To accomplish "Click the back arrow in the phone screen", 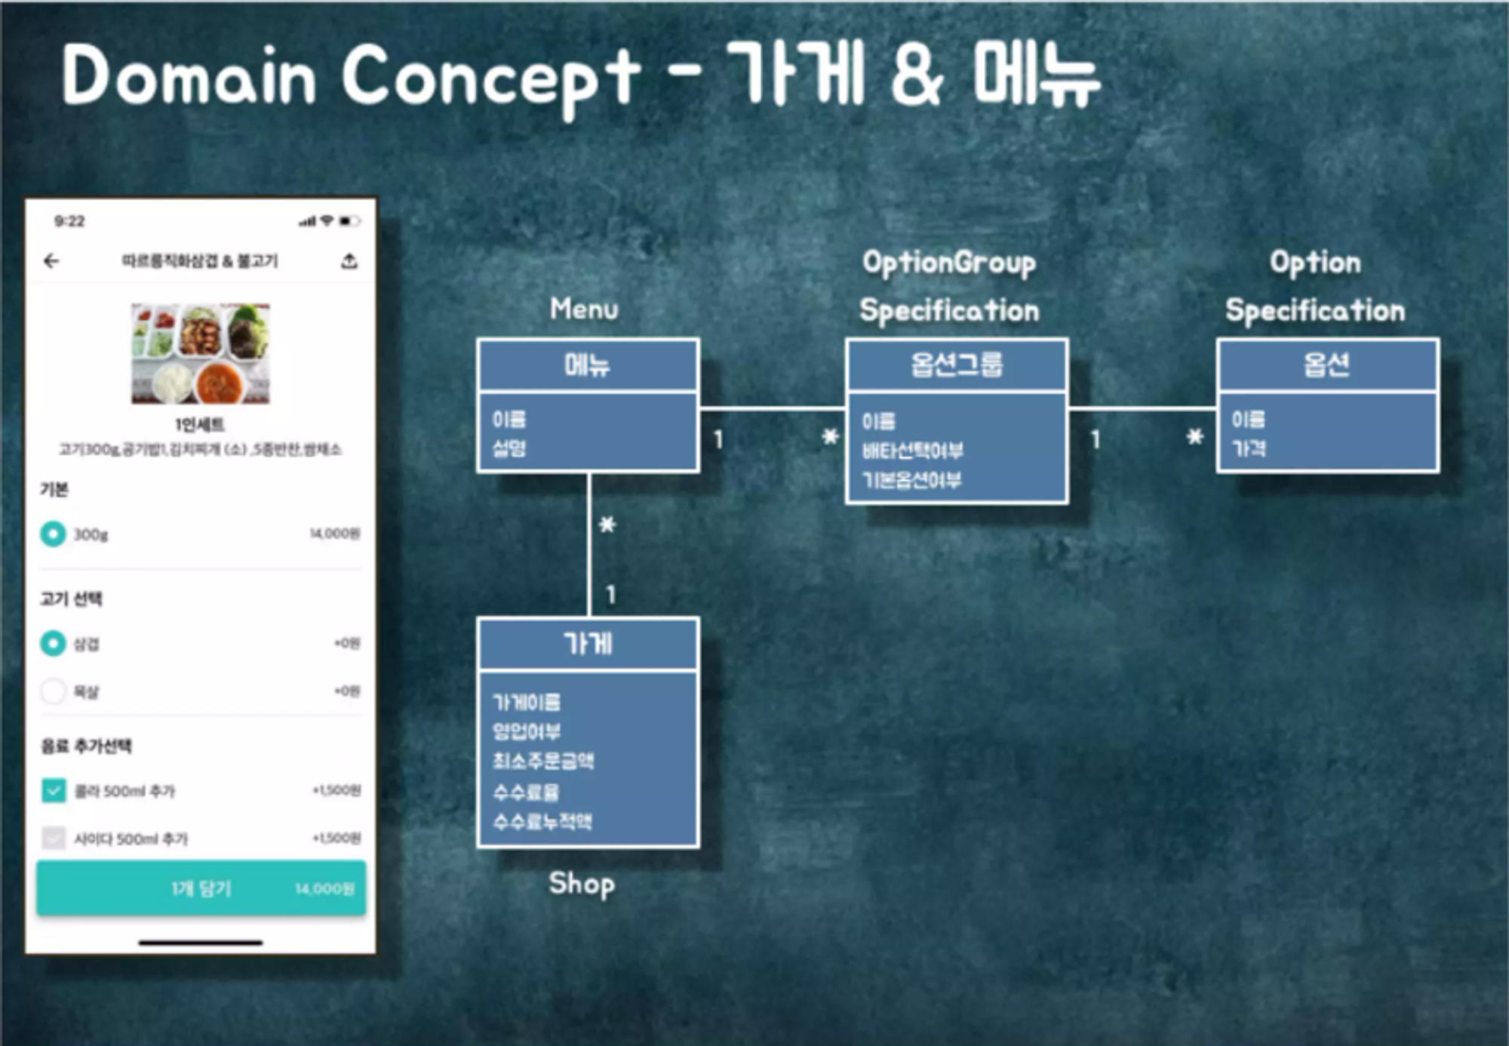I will click(51, 261).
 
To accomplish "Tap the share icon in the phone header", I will click(349, 261).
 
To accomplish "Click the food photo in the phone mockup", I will click(201, 353).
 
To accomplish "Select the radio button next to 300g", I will click(53, 534).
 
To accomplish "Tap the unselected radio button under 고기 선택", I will click(53, 691).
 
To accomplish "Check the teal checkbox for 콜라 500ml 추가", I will click(54, 791).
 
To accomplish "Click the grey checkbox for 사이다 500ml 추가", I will click(54, 838).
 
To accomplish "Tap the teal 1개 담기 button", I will click(201, 888).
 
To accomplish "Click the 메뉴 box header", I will click(587, 365).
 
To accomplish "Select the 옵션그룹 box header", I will click(956, 365).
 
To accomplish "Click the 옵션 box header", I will click(1326, 365).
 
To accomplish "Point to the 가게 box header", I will click(587, 645).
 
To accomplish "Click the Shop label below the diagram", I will click(581, 884).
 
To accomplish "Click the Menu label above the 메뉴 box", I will click(584, 309).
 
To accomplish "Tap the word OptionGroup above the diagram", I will click(948, 263).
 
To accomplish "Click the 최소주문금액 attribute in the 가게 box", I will click(543, 761).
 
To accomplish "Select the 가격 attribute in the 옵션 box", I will click(1248, 449).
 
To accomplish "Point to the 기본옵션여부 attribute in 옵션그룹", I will click(911, 481).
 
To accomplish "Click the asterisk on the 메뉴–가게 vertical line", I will click(607, 525).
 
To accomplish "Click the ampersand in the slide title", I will click(917, 75).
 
